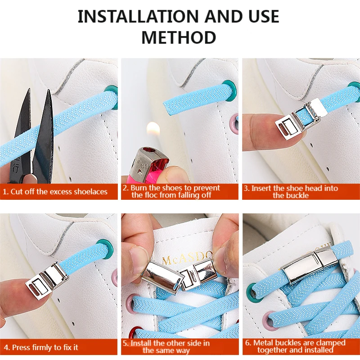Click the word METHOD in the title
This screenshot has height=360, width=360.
[179, 37]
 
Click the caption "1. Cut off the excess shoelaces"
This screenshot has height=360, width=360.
[55, 192]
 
